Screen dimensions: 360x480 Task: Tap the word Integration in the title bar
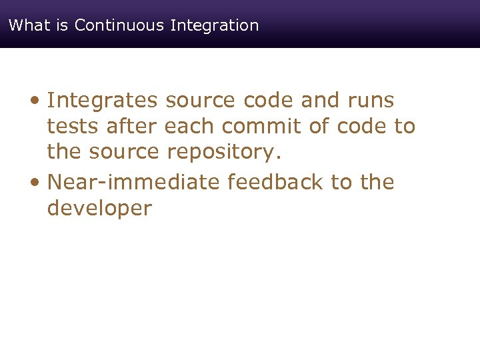click(x=215, y=25)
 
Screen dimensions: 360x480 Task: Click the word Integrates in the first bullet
click(x=103, y=101)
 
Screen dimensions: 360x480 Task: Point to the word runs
click(x=371, y=101)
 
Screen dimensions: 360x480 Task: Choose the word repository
click(x=225, y=152)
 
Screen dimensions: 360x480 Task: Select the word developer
click(x=99, y=209)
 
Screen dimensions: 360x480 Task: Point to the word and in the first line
click(x=321, y=101)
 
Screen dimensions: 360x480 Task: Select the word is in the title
click(x=59, y=25)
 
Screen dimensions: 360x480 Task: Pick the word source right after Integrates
click(x=199, y=101)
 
